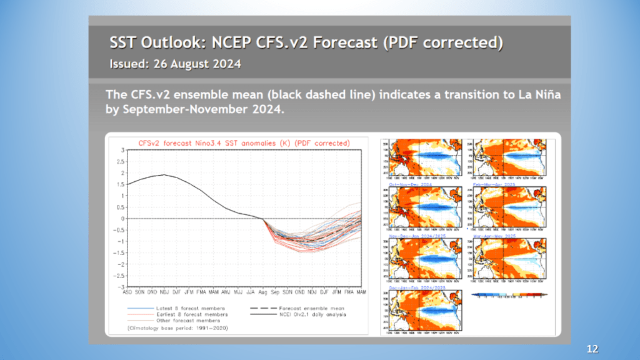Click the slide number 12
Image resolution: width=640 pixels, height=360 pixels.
click(x=593, y=347)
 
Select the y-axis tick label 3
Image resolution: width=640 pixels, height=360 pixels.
click(x=122, y=151)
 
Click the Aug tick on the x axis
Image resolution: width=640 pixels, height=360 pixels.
click(x=262, y=292)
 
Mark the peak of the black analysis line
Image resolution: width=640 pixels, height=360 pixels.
click(x=164, y=175)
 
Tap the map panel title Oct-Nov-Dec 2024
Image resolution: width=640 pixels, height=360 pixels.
click(x=409, y=185)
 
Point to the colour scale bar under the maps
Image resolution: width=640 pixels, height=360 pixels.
click(x=509, y=294)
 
